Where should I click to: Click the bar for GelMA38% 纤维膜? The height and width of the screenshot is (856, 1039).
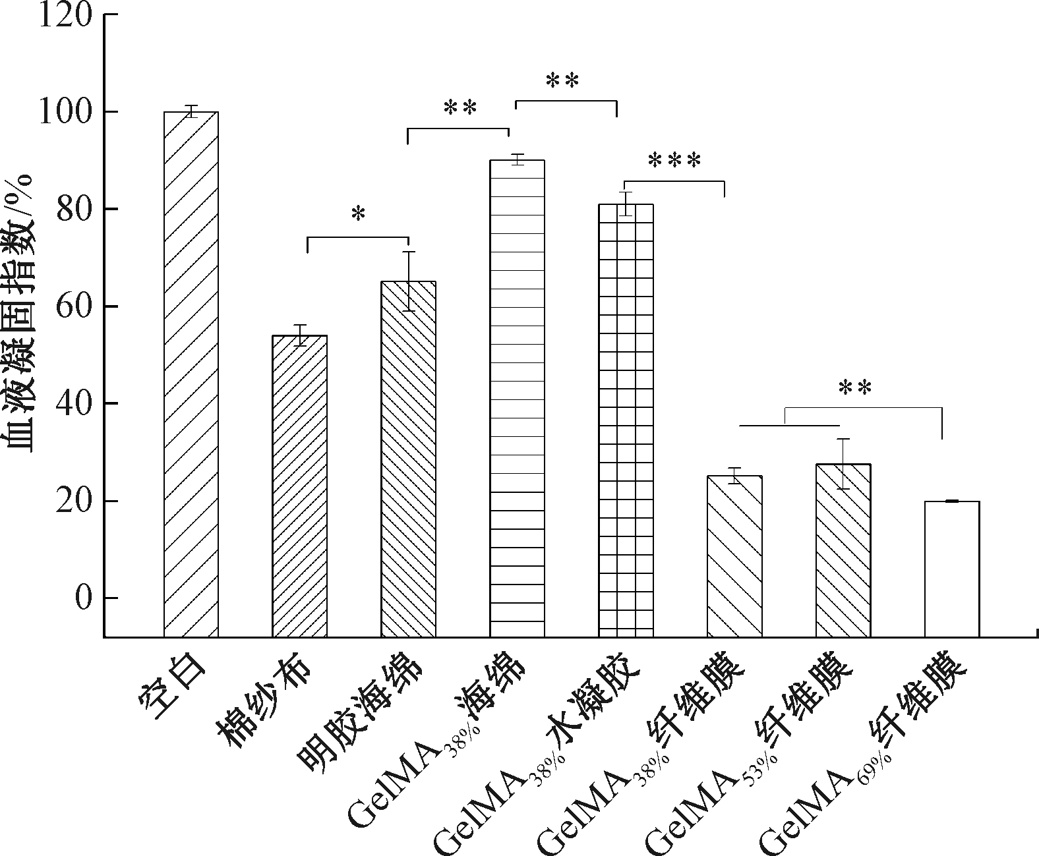pos(734,556)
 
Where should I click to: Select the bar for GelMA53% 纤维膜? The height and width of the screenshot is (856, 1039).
pos(843,550)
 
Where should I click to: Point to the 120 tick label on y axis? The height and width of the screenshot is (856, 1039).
pos(64,14)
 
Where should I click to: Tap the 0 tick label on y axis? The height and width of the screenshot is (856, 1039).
pos(82,598)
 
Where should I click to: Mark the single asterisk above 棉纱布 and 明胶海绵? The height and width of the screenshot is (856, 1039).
pos(358,214)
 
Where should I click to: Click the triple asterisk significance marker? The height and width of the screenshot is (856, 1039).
pos(674,160)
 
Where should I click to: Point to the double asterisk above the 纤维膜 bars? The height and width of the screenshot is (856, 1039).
pos(855,388)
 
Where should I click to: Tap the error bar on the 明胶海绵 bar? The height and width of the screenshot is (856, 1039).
pos(409,281)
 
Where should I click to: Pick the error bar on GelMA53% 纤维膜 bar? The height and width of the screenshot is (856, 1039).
pos(843,464)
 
